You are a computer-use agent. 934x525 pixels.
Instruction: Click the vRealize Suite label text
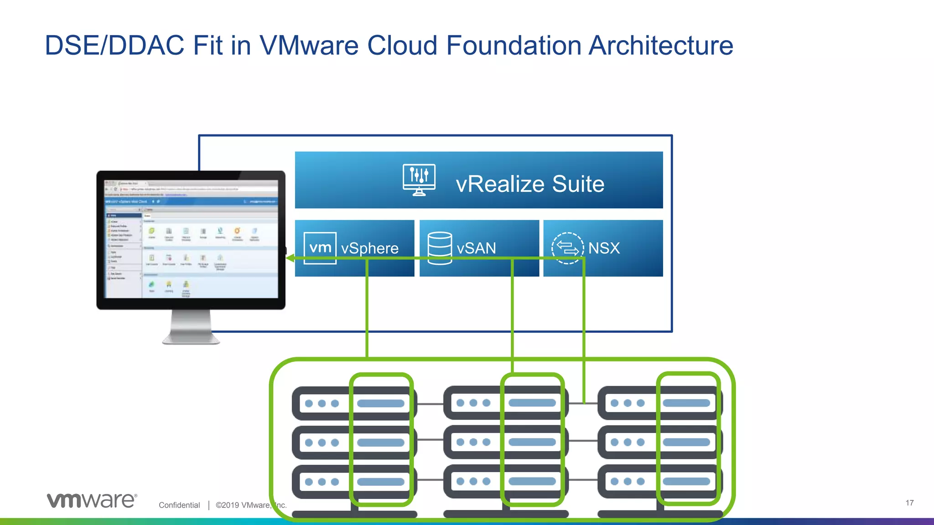[530, 184]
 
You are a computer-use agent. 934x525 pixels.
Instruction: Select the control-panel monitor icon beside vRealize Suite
[419, 180]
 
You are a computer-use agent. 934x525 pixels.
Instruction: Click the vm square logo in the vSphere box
[320, 247]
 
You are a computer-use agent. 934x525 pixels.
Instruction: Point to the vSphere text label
[369, 248]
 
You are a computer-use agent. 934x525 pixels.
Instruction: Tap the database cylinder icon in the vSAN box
[440, 248]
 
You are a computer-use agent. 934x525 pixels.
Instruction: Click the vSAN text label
[476, 248]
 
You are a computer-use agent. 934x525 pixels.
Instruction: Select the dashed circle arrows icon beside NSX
[567, 248]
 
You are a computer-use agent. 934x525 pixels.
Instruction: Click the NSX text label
[604, 248]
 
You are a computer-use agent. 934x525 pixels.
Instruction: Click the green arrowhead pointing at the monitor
[290, 258]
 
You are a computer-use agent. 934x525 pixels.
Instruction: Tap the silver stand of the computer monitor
[191, 327]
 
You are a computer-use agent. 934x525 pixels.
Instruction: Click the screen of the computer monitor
[191, 239]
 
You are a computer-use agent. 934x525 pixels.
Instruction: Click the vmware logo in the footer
[92, 500]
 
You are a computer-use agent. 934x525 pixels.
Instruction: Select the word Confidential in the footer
[179, 505]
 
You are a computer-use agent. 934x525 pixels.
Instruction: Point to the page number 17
[909, 503]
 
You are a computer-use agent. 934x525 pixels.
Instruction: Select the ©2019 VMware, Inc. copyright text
[251, 505]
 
